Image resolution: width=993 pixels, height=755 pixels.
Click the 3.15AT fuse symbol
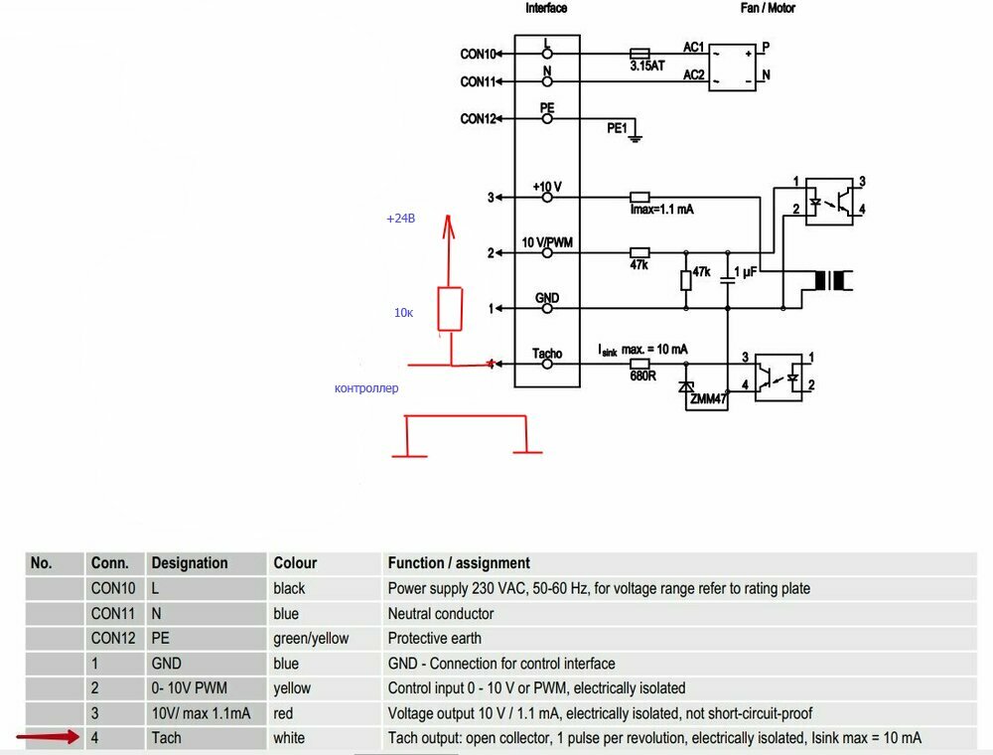click(x=639, y=54)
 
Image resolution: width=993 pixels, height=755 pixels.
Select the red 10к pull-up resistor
click(x=450, y=309)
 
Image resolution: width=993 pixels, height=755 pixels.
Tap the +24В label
click(x=401, y=219)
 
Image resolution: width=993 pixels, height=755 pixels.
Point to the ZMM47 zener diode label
click(x=709, y=399)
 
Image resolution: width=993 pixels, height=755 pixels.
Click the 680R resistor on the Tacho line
click(x=639, y=364)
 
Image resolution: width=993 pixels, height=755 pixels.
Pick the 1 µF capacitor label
click(x=746, y=272)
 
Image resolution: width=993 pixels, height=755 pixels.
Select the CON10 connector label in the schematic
click(x=479, y=54)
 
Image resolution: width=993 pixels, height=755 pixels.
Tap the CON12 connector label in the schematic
click(x=479, y=118)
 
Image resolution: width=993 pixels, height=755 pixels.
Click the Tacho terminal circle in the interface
click(x=547, y=364)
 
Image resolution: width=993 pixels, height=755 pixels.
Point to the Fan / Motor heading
click(x=768, y=8)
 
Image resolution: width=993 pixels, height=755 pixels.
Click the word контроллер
click(x=366, y=388)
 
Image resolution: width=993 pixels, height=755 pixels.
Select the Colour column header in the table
click(x=295, y=563)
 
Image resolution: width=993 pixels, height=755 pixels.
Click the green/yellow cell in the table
click(x=311, y=639)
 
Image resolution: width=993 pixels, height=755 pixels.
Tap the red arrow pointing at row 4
click(x=48, y=737)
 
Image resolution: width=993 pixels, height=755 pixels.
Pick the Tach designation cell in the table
click(x=167, y=738)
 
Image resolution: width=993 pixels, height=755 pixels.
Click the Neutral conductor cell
click(x=441, y=614)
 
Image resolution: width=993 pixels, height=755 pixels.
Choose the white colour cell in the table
click(x=289, y=738)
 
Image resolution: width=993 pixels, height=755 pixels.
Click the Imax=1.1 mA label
click(x=661, y=209)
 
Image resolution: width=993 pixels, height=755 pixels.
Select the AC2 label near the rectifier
click(x=693, y=75)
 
